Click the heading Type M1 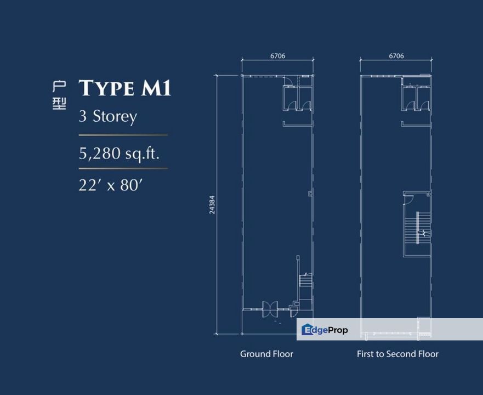pyautogui.click(x=125, y=88)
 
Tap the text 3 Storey pyautogui.click(x=108, y=116)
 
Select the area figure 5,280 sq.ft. pyautogui.click(x=119, y=153)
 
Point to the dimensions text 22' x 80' pyautogui.click(x=111, y=185)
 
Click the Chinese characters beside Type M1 pyautogui.click(x=59, y=95)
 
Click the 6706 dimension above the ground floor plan pyautogui.click(x=278, y=56)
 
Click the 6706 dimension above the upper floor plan pyautogui.click(x=396, y=56)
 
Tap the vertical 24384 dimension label pyautogui.click(x=212, y=205)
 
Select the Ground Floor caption pyautogui.click(x=267, y=354)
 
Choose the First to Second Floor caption pyautogui.click(x=397, y=354)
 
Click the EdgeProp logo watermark pyautogui.click(x=325, y=330)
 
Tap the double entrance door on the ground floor pyautogui.click(x=270, y=309)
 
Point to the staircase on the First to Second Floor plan pyautogui.click(x=417, y=228)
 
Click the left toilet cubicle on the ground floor pyautogui.click(x=290, y=98)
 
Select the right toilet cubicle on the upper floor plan pyautogui.click(x=424, y=98)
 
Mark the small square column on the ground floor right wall pyautogui.click(x=310, y=193)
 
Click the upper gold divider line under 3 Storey pyautogui.click(x=123, y=135)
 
